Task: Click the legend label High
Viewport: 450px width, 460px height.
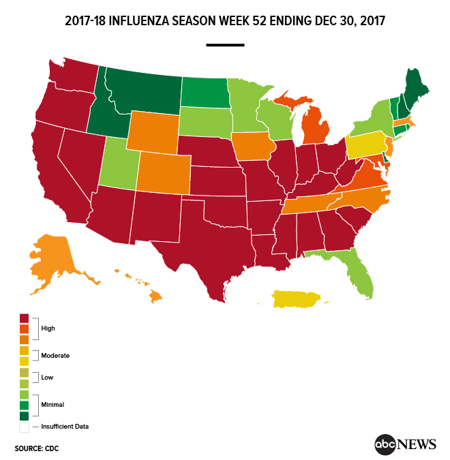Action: click(x=48, y=328)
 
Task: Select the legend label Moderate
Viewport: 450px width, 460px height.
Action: click(x=55, y=355)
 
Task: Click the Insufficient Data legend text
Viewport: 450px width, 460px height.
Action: click(x=65, y=427)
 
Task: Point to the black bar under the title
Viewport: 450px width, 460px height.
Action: click(x=225, y=45)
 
